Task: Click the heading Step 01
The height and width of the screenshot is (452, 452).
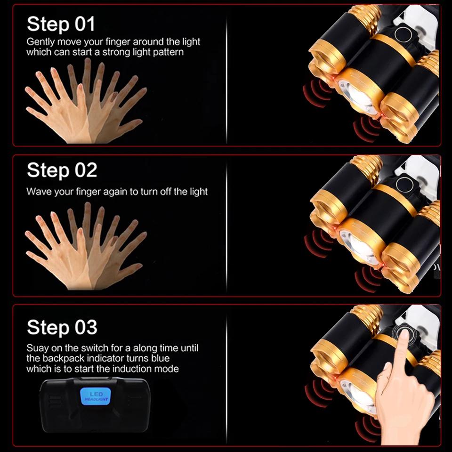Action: (x=61, y=24)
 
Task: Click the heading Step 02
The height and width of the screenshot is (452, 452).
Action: (x=62, y=170)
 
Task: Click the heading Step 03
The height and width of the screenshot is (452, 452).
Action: (x=62, y=327)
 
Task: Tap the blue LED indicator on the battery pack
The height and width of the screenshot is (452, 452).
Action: (x=95, y=396)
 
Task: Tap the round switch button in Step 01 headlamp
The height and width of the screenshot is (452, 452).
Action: (x=403, y=34)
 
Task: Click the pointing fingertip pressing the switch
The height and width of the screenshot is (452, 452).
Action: (x=404, y=334)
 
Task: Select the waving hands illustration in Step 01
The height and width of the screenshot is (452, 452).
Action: (x=86, y=101)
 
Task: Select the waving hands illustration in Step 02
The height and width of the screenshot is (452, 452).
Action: (x=86, y=246)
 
